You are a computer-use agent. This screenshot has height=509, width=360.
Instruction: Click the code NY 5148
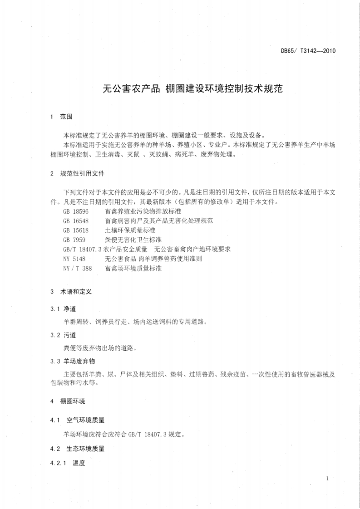click(74, 259)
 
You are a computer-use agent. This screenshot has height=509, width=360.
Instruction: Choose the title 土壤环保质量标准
click(130, 230)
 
